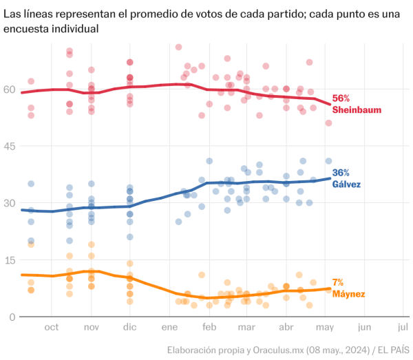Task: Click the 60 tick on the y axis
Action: [x=9, y=89]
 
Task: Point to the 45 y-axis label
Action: [x=9, y=146]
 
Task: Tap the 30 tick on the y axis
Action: [x=9, y=202]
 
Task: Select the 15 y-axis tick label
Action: [x=9, y=260]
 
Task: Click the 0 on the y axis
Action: [x=12, y=316]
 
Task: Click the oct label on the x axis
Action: [x=52, y=328]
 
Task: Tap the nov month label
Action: [x=91, y=328]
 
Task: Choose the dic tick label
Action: [x=129, y=328]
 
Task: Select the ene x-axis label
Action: [x=169, y=328]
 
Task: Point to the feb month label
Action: [x=209, y=328]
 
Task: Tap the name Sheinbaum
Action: [x=357, y=109]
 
